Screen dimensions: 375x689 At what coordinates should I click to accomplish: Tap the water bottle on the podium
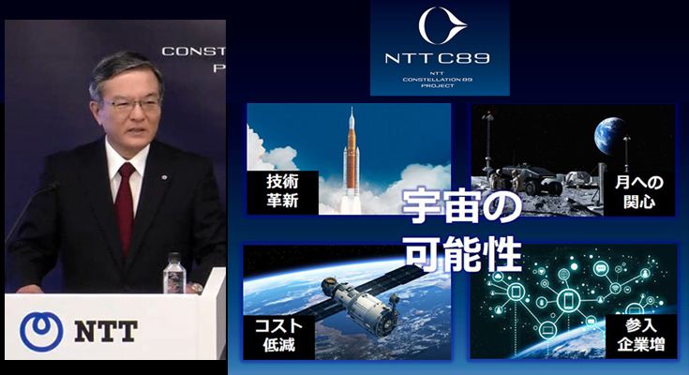pos(173,274)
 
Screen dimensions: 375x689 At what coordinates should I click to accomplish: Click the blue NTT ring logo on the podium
pos(39,329)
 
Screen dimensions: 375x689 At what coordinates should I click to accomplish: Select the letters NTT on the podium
pos(104,330)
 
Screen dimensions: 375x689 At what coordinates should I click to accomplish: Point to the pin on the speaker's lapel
pos(164,172)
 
